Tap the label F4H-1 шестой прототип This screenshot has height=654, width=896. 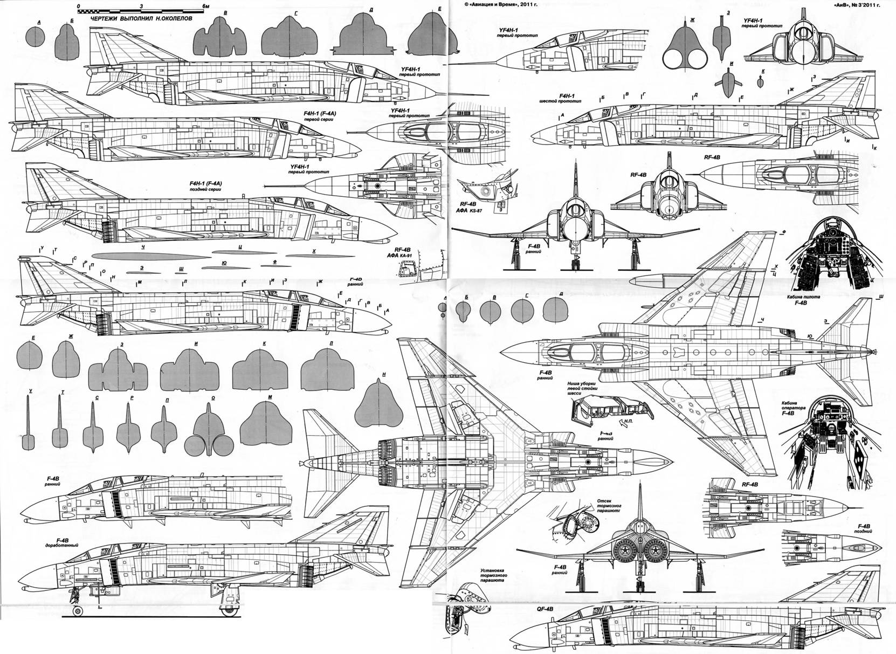click(x=560, y=98)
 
